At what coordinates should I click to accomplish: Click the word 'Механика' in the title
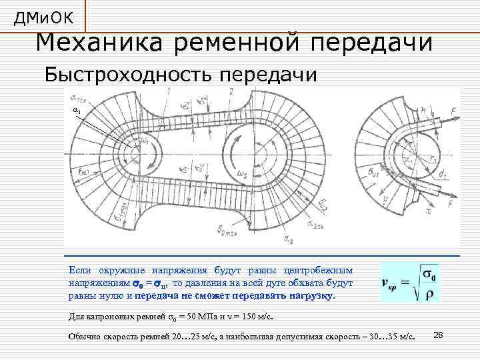[99, 43]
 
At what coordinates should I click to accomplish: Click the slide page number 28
[439, 333]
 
